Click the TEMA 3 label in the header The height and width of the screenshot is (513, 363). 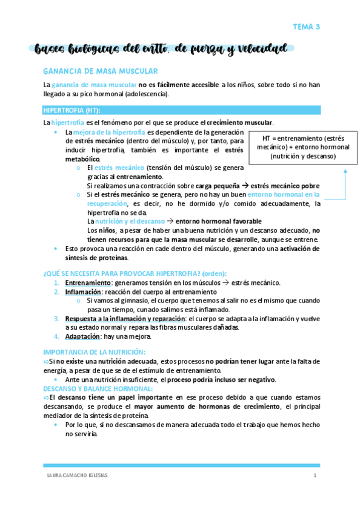[x=306, y=27]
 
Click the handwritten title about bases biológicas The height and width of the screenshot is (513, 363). [x=161, y=49]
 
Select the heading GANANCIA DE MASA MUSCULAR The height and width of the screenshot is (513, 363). [x=101, y=71]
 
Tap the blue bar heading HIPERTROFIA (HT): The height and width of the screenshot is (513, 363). [x=72, y=110]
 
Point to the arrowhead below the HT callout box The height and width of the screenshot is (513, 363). [x=345, y=171]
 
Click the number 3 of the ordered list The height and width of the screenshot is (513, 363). [x=56, y=319]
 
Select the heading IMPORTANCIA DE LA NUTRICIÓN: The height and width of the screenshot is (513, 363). [x=95, y=352]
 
